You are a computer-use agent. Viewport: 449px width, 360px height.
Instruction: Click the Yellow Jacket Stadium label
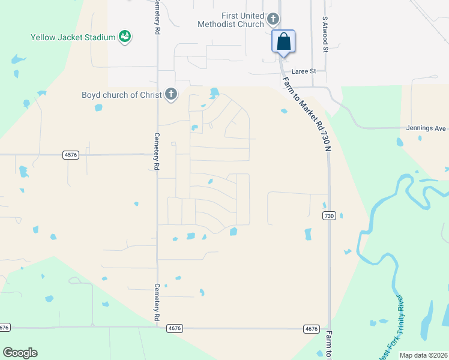(x=73, y=37)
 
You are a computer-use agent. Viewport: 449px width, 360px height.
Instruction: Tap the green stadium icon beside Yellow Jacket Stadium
(x=125, y=37)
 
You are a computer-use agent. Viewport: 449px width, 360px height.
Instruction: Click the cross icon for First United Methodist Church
(x=273, y=19)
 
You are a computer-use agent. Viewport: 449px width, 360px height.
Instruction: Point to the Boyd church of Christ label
(x=122, y=94)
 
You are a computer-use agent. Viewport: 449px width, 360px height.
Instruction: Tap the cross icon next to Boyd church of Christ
(x=171, y=94)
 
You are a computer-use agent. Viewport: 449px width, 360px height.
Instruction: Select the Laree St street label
(x=304, y=71)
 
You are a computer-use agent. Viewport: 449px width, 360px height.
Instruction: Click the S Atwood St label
(x=325, y=34)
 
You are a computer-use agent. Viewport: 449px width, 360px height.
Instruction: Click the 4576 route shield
(x=71, y=155)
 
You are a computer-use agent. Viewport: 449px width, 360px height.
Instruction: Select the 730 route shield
(x=328, y=215)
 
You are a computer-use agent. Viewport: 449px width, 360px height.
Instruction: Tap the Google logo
(x=20, y=353)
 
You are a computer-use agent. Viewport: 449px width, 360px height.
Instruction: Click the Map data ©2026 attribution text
(x=423, y=355)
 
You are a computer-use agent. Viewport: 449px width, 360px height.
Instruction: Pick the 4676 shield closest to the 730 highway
(x=311, y=328)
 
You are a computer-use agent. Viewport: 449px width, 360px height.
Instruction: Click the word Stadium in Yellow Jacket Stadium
(x=100, y=37)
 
